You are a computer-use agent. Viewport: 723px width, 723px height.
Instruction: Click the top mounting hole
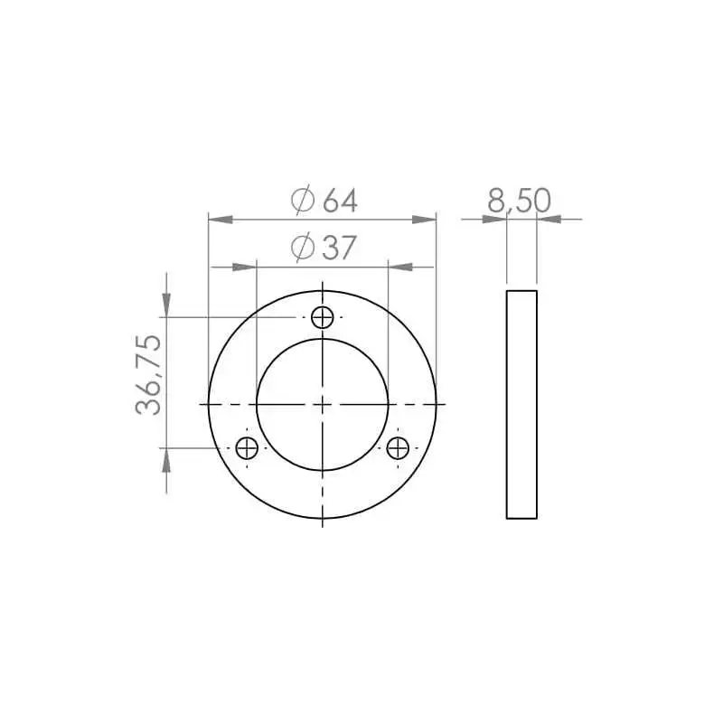(x=323, y=317)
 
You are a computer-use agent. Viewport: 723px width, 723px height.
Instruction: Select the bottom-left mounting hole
(x=248, y=446)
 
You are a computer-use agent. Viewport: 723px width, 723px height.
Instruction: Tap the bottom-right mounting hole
(x=398, y=446)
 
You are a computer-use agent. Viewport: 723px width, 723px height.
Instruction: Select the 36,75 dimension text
(x=149, y=374)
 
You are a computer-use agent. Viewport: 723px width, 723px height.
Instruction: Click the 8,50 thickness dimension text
(x=519, y=201)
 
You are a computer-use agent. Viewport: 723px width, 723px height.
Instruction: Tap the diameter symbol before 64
(x=303, y=201)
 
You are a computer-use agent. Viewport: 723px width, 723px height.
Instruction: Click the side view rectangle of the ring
(x=521, y=404)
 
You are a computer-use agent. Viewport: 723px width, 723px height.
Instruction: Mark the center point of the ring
(x=323, y=403)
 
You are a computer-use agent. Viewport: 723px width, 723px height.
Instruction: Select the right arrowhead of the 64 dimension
(x=425, y=219)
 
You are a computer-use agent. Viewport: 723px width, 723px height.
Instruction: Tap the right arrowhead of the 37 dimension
(x=400, y=267)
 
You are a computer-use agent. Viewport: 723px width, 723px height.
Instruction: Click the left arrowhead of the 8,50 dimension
(x=495, y=219)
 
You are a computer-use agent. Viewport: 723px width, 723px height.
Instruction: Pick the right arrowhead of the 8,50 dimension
(x=549, y=219)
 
